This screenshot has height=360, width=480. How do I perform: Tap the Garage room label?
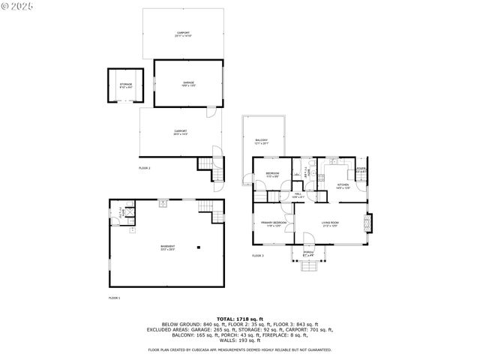pyautogui.click(x=188, y=83)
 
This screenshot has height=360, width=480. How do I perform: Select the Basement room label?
pyautogui.click(x=167, y=247)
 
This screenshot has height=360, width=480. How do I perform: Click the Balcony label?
pyautogui.click(x=261, y=141)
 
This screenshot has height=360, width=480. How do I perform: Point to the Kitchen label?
pyautogui.click(x=342, y=185)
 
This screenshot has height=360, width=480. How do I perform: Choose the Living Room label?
pyautogui.click(x=331, y=223)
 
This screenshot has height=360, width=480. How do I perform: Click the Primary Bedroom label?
pyautogui.click(x=273, y=223)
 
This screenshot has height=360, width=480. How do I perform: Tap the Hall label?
pyautogui.click(x=298, y=194)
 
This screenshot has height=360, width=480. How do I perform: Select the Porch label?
pyautogui.click(x=308, y=253)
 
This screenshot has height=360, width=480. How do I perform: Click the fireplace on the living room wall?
pyautogui.click(x=367, y=223)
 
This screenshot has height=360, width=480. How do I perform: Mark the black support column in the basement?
pyautogui.click(x=199, y=247)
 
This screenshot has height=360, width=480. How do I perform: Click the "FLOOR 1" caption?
pyautogui.click(x=114, y=298)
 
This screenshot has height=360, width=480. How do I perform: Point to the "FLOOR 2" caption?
pyautogui.click(x=145, y=168)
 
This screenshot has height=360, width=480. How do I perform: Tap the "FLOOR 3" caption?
pyautogui.click(x=258, y=256)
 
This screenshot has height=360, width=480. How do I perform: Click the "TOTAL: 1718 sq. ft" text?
pyautogui.click(x=240, y=319)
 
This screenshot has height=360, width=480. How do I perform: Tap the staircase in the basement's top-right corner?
pyautogui.click(x=217, y=215)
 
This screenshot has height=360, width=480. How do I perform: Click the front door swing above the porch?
pyautogui.click(x=308, y=241)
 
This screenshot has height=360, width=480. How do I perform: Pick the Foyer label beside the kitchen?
pyautogui.click(x=361, y=170)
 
